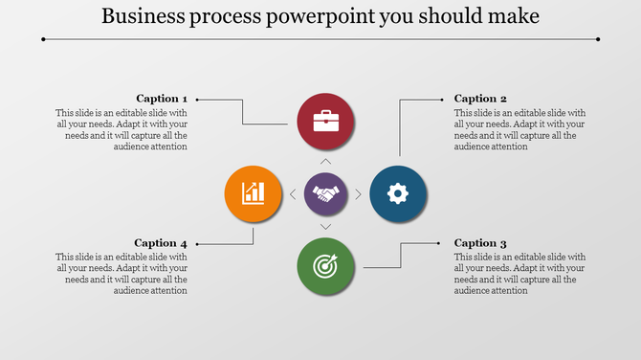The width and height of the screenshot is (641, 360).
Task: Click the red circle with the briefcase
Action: pyautogui.click(x=325, y=122)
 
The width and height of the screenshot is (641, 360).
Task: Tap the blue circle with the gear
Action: pyautogui.click(x=398, y=194)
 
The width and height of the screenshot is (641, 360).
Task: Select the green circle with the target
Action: pyautogui.click(x=325, y=266)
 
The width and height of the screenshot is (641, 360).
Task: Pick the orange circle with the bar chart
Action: pyautogui.click(x=253, y=193)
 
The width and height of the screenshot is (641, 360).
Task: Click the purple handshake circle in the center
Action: pyautogui.click(x=325, y=194)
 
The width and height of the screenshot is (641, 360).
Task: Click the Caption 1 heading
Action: pyautogui.click(x=162, y=98)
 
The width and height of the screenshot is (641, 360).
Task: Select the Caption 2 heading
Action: pyautogui.click(x=480, y=98)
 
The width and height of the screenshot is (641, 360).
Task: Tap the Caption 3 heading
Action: pyautogui.click(x=480, y=242)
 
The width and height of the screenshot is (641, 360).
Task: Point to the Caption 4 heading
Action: pyautogui.click(x=161, y=242)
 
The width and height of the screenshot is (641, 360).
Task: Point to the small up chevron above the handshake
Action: pyautogui.click(x=325, y=162)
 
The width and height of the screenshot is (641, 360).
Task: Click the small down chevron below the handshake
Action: pyautogui.click(x=325, y=226)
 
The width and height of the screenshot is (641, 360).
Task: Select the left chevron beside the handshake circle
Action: pyautogui.click(x=293, y=194)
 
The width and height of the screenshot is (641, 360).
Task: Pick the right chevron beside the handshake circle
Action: pyautogui.click(x=359, y=194)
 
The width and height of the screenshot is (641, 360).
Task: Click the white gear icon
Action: pyautogui.click(x=398, y=194)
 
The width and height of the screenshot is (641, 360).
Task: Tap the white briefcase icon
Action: pyautogui.click(x=325, y=122)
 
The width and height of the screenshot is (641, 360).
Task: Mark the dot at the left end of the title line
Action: pyautogui.click(x=44, y=39)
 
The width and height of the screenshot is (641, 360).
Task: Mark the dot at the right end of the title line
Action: pyautogui.click(x=598, y=39)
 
